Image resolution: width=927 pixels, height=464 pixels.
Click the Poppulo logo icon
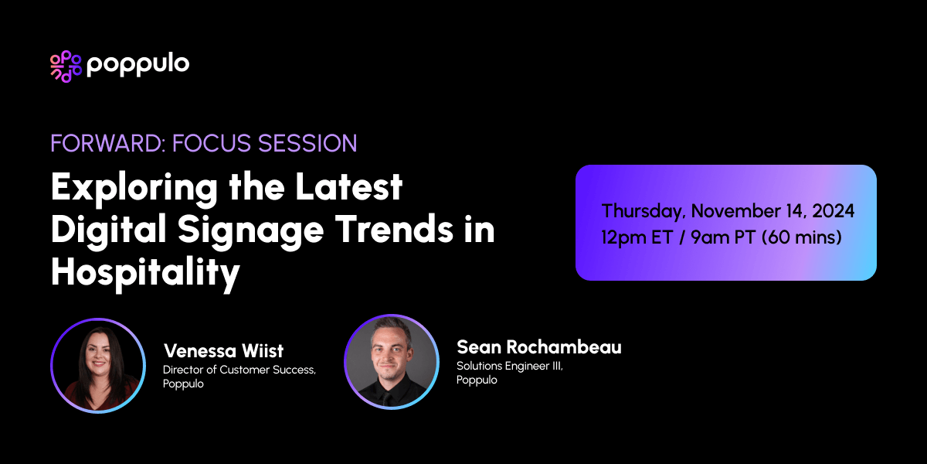tap(66, 66)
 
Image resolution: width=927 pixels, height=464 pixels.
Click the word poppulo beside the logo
tap(138, 66)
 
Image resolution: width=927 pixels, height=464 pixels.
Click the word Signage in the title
tap(221, 231)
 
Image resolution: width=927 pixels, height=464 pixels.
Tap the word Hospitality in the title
tap(145, 275)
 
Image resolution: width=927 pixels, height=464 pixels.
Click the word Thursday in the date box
tap(643, 211)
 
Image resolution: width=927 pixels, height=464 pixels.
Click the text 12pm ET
tap(637, 237)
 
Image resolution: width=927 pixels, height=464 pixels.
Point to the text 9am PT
tap(722, 237)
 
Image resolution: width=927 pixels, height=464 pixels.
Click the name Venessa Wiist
tap(223, 351)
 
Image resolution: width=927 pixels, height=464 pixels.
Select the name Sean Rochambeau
tap(538, 347)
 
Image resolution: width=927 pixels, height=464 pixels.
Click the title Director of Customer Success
tap(239, 370)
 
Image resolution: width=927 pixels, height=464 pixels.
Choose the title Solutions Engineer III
tap(510, 366)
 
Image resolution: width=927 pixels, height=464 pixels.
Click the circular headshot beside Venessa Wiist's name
tap(98, 365)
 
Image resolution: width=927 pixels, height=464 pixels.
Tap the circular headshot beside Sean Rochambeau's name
tap(392, 361)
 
